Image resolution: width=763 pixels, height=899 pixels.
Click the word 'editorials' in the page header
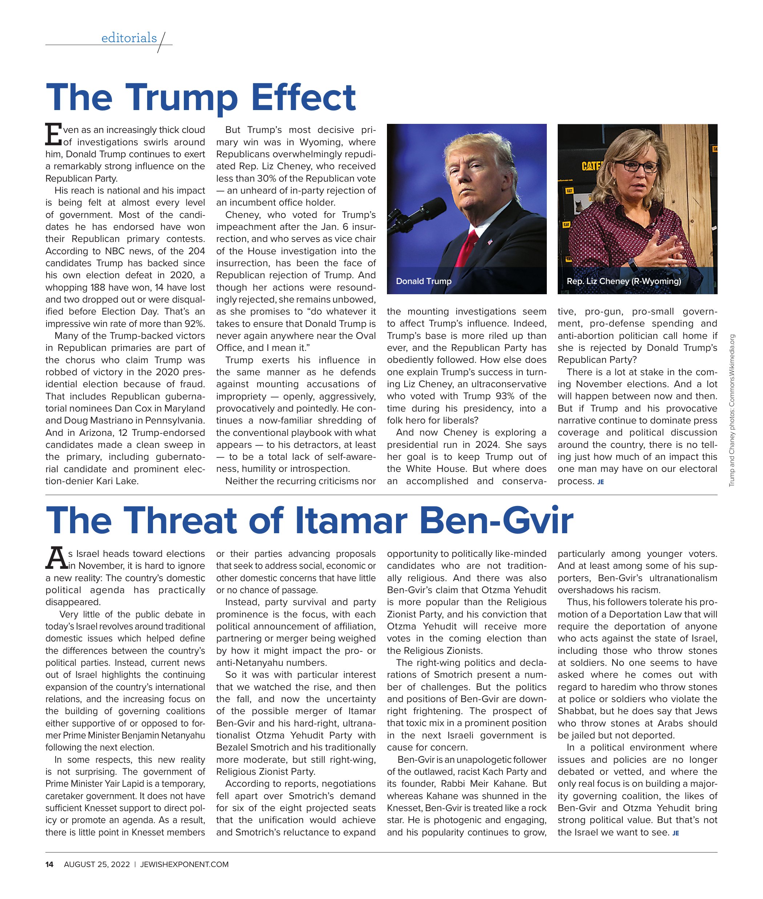click(x=129, y=38)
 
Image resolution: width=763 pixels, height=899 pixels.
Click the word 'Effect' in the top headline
click(x=303, y=97)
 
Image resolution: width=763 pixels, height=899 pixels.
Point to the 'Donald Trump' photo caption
click(x=423, y=281)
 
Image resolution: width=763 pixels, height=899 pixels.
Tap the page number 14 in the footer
click(x=50, y=864)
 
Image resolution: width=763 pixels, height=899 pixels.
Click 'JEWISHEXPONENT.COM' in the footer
click(x=184, y=864)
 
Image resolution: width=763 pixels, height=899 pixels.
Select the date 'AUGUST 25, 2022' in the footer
click(x=97, y=864)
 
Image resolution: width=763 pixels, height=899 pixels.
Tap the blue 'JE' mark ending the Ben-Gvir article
click(x=676, y=833)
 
